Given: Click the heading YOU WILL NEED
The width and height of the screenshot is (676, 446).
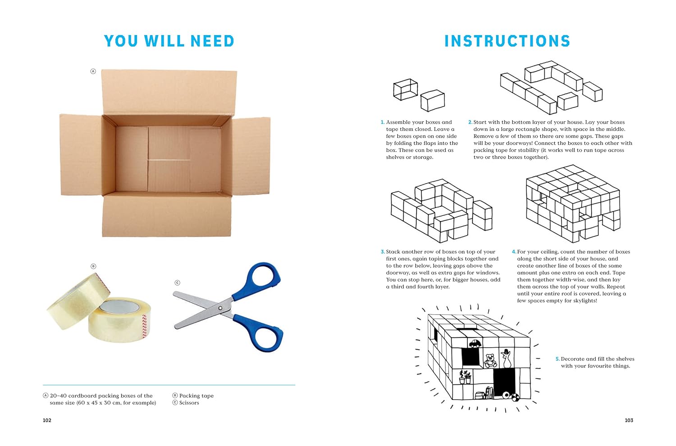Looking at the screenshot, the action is [169, 41].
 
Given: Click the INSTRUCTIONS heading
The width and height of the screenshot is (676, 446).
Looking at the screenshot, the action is [507, 41].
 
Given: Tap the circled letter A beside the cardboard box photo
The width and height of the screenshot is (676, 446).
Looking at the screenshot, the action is [93, 71].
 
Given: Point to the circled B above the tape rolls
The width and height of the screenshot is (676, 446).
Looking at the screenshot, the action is [93, 266].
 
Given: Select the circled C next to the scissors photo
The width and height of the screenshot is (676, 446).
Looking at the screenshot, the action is [178, 283].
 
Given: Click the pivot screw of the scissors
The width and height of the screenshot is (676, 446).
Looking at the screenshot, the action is [220, 308].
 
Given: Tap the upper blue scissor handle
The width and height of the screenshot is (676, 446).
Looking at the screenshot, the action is [260, 280].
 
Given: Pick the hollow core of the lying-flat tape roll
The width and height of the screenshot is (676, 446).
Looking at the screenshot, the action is [120, 307].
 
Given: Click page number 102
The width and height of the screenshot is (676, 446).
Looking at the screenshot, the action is [47, 420].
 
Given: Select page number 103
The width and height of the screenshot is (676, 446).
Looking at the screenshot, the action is [629, 420].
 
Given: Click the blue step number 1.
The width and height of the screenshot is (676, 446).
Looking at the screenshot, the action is [382, 122].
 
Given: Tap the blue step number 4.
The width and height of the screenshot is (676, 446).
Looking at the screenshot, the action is [514, 251].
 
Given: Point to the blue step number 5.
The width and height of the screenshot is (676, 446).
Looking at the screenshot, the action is [558, 359].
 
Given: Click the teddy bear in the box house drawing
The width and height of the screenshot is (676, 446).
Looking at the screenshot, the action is [490, 360].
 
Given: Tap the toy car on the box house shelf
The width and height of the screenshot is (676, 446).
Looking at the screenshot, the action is [475, 343].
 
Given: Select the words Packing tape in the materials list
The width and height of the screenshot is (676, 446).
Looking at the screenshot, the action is [196, 396].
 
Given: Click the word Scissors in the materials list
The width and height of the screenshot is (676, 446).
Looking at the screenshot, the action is [189, 403].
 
